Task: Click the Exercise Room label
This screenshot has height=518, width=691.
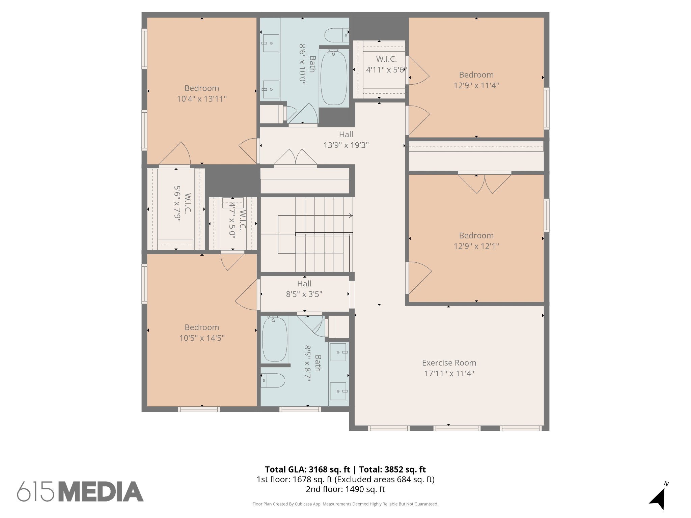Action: click(449, 363)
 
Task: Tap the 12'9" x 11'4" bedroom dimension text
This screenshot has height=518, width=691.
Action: click(476, 85)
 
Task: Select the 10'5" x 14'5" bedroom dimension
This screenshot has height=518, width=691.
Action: click(202, 338)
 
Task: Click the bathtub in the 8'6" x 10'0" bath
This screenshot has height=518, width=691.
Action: click(334, 78)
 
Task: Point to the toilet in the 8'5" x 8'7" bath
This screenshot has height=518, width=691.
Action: click(273, 380)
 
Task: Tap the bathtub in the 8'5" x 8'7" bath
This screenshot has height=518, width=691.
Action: click(275, 339)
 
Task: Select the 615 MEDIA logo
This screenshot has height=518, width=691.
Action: click(80, 491)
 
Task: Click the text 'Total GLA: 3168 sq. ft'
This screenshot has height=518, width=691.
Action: click(307, 469)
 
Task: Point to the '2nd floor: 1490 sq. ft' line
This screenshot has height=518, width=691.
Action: click(345, 489)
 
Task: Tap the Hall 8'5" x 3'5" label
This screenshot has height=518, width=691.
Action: click(304, 289)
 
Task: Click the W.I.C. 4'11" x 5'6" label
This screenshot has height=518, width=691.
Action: click(386, 64)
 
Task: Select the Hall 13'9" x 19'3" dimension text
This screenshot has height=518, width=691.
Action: click(346, 145)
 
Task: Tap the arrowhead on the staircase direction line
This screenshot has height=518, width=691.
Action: click(351, 215)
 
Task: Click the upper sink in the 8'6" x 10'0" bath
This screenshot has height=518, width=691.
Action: click(271, 43)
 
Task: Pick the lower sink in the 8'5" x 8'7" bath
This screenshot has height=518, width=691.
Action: click(338, 391)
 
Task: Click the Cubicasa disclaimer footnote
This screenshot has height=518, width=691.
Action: click(345, 504)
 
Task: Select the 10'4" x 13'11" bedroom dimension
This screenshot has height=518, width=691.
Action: click(202, 99)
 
